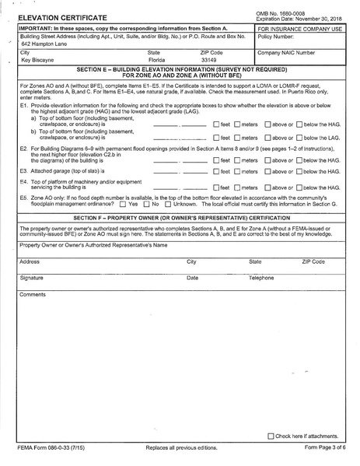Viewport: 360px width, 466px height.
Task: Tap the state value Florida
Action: coord(156,59)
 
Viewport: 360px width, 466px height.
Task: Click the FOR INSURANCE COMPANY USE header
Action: coord(296,28)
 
